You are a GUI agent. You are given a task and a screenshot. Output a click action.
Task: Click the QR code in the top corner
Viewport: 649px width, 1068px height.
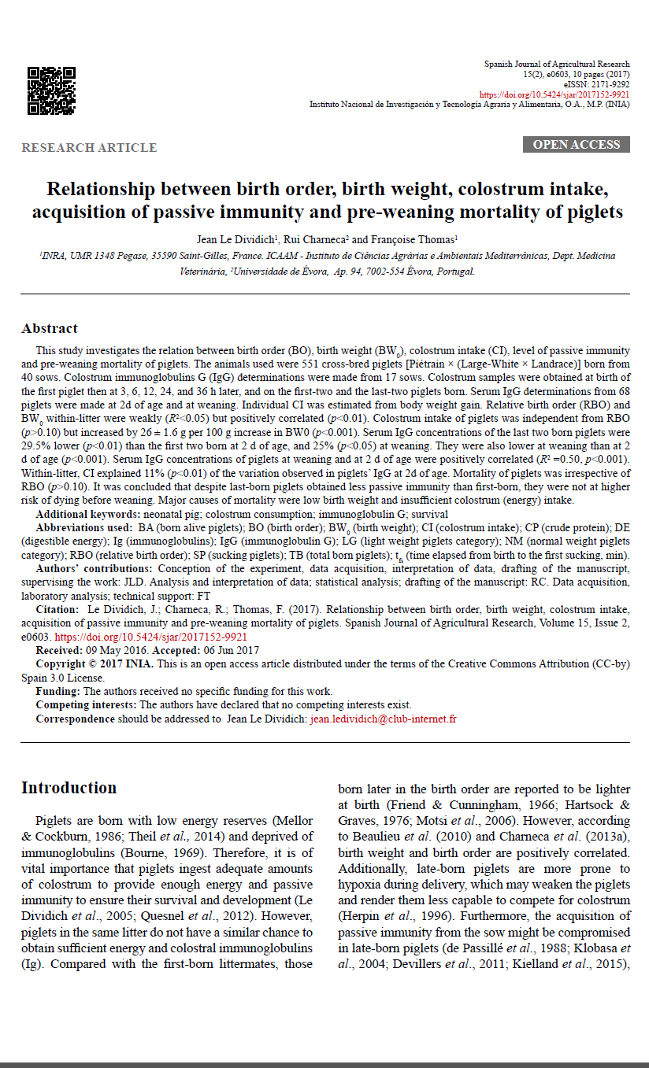(x=51, y=91)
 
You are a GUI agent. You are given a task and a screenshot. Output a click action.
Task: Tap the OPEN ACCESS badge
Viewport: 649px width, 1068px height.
(x=576, y=145)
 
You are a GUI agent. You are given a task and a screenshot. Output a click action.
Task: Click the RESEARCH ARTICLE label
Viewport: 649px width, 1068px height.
(x=89, y=148)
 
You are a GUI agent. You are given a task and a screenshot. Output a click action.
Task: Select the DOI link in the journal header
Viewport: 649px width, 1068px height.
(x=554, y=94)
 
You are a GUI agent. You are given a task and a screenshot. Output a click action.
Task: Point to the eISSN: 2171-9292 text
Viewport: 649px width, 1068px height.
(x=596, y=83)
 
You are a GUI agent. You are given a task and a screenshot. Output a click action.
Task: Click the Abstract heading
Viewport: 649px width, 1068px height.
(x=50, y=328)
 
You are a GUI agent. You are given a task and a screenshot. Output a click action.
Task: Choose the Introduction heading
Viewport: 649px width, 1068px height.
(x=69, y=788)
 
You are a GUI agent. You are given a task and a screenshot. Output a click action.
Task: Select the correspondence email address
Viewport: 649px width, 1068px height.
(x=384, y=719)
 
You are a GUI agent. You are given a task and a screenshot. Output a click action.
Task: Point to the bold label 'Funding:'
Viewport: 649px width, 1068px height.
(x=57, y=691)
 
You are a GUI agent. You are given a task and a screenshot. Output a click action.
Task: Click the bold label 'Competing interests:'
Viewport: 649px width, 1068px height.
(x=86, y=705)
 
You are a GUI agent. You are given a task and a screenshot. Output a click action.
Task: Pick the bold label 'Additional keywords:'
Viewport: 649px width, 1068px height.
(x=87, y=513)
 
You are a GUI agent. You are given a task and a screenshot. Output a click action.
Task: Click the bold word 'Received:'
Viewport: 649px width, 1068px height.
(x=59, y=650)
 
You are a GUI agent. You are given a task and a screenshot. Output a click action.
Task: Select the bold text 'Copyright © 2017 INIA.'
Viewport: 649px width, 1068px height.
(x=92, y=663)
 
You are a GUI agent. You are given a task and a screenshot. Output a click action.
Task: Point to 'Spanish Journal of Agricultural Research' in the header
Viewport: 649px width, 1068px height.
(x=557, y=64)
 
